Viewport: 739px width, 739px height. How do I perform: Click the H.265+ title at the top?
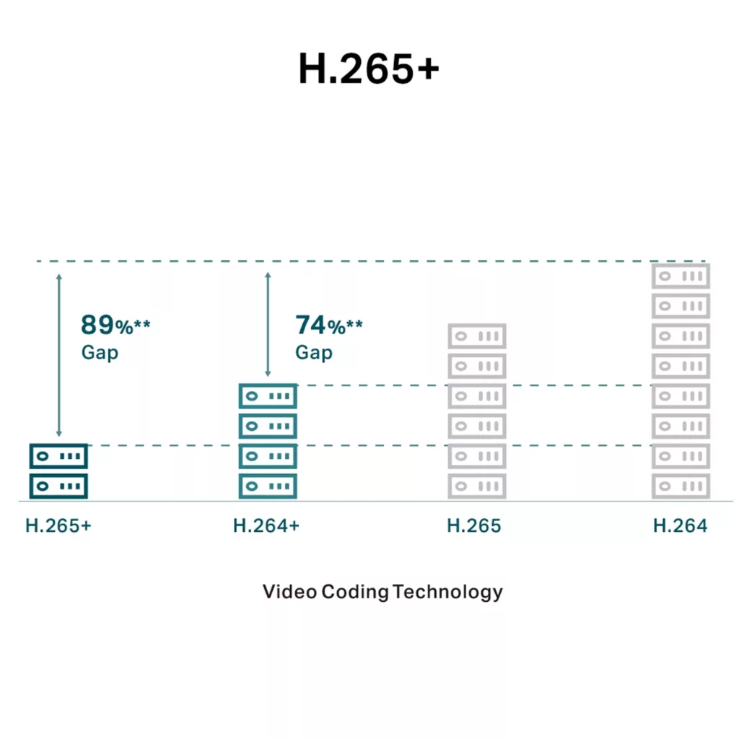(369, 69)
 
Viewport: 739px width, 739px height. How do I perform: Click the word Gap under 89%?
(100, 353)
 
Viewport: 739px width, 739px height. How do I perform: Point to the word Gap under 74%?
(314, 353)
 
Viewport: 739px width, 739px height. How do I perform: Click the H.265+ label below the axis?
(58, 526)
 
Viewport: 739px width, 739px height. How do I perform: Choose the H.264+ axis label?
(266, 526)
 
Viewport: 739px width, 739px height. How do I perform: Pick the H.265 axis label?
(474, 526)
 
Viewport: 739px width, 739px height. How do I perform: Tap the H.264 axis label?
(681, 526)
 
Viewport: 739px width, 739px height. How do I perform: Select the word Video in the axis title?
(289, 592)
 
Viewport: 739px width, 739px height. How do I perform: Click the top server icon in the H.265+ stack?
(58, 456)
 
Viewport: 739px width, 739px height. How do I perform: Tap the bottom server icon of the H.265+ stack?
(58, 486)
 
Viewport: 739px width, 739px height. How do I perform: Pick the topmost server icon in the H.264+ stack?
(268, 396)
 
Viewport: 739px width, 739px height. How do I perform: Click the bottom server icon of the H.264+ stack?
(268, 486)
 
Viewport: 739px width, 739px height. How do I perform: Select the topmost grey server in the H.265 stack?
(477, 336)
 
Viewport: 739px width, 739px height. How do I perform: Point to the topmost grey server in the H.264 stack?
(681, 276)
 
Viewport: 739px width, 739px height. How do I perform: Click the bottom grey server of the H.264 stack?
(681, 486)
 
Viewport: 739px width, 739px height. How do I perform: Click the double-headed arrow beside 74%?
(268, 324)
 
